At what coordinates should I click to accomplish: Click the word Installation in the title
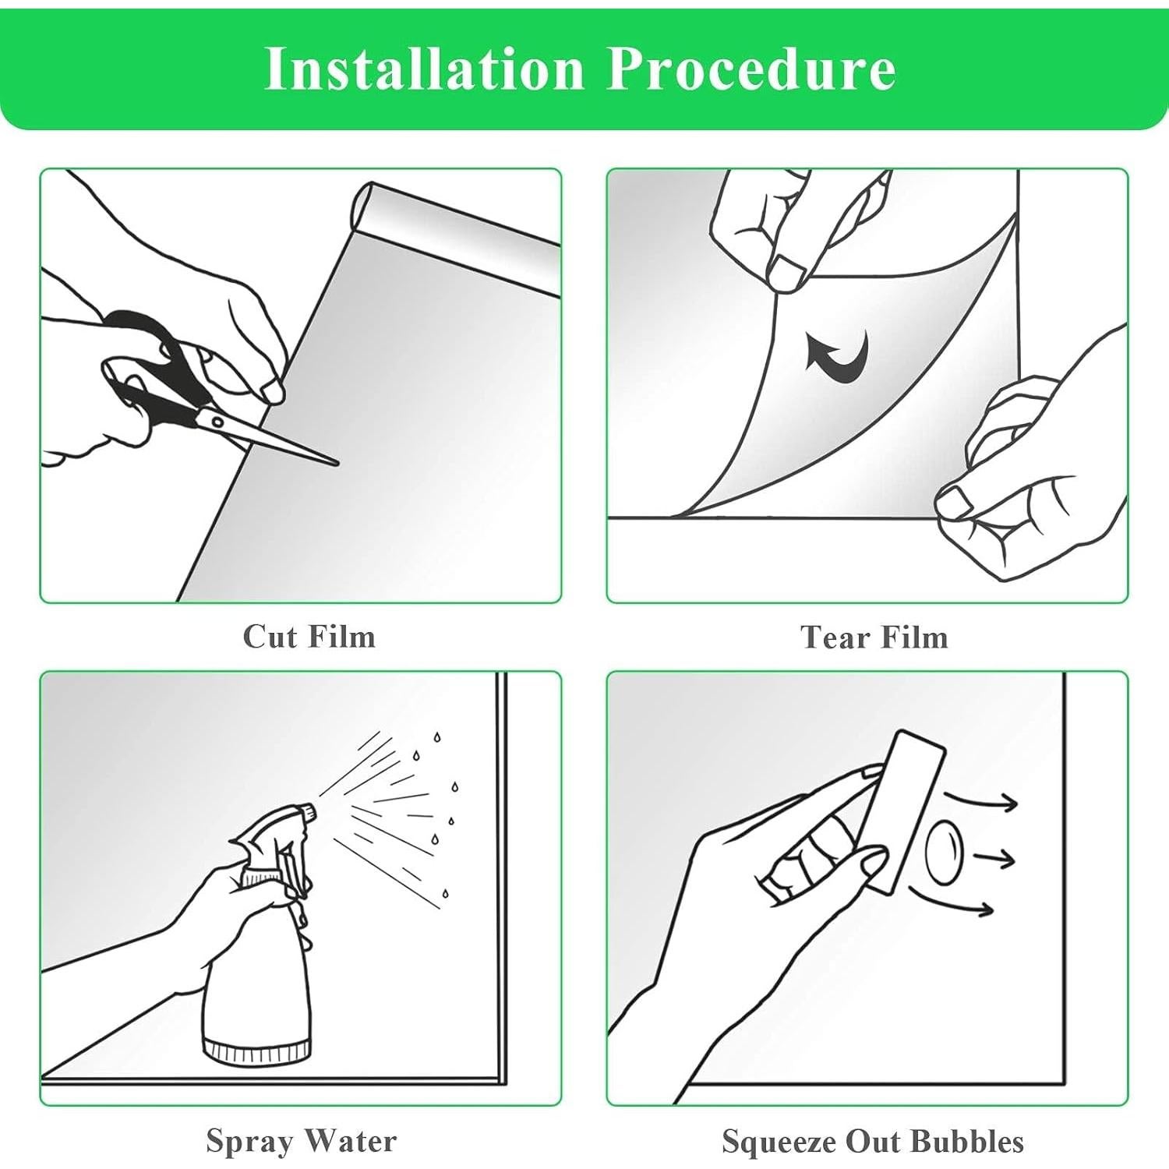point(425,69)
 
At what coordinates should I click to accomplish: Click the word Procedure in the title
point(752,69)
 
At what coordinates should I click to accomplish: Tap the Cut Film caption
point(309,637)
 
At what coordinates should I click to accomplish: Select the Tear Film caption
point(874,637)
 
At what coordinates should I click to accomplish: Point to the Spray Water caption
point(302,1141)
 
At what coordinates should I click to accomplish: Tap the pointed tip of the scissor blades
point(337,464)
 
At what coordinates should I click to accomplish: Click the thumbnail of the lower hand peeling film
point(954,503)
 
